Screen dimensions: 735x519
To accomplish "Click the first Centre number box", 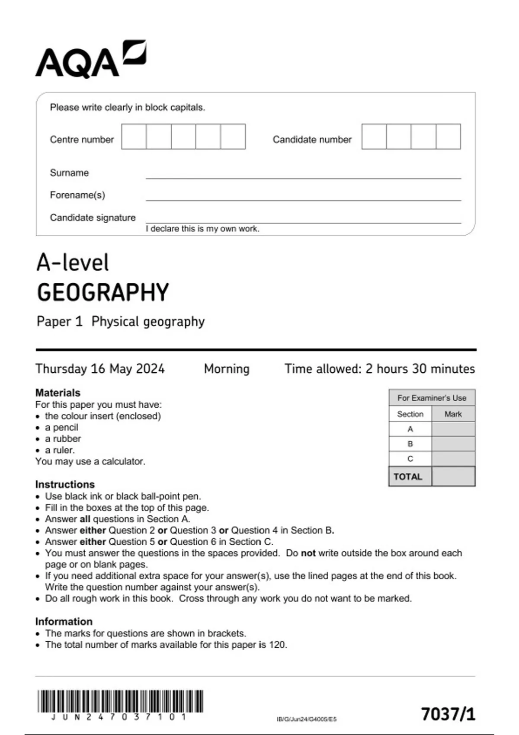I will pos(134,137).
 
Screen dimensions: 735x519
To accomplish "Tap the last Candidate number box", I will pos(448,137).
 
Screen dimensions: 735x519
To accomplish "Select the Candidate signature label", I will pos(93,217).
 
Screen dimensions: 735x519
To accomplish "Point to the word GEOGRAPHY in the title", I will pos(103,293).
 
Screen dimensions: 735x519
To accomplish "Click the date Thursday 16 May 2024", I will pos(100,369).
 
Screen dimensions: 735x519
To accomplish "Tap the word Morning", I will pos(227,369).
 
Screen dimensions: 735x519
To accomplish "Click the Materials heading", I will pos(58,393).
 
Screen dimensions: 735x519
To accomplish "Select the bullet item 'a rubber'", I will pos(63,438).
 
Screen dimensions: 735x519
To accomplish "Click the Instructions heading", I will pos(65,484).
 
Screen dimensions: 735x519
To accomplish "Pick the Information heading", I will pos(64,621).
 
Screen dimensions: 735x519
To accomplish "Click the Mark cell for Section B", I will pos(453,444).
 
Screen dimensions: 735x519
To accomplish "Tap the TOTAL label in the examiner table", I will pos(408,476).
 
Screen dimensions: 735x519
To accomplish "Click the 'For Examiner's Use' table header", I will pos(432,398).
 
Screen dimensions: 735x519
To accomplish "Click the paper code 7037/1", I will pos(448,714).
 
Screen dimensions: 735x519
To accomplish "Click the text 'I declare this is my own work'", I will pos(202,229).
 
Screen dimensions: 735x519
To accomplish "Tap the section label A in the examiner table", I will pos(410,429).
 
